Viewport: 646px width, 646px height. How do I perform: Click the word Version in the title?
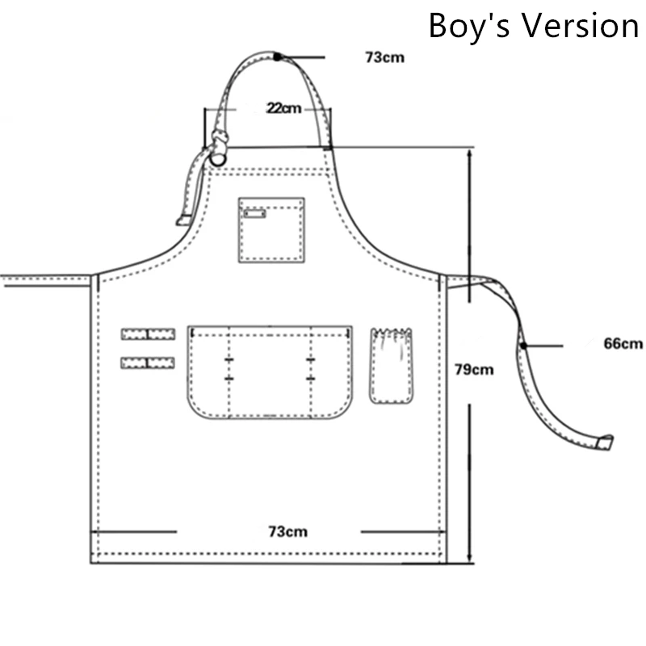(581, 26)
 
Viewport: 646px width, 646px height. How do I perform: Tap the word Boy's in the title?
(470, 25)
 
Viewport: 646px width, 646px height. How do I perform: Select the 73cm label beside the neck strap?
(385, 57)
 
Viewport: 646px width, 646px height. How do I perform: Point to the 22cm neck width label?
(284, 108)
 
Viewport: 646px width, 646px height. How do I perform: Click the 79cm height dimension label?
(474, 370)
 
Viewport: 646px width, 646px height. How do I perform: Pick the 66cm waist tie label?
(623, 343)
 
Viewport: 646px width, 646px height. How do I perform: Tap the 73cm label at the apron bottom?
(288, 531)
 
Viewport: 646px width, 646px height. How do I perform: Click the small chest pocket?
(271, 230)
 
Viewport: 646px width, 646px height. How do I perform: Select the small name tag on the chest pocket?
(254, 213)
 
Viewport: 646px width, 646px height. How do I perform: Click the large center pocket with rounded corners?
(270, 372)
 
